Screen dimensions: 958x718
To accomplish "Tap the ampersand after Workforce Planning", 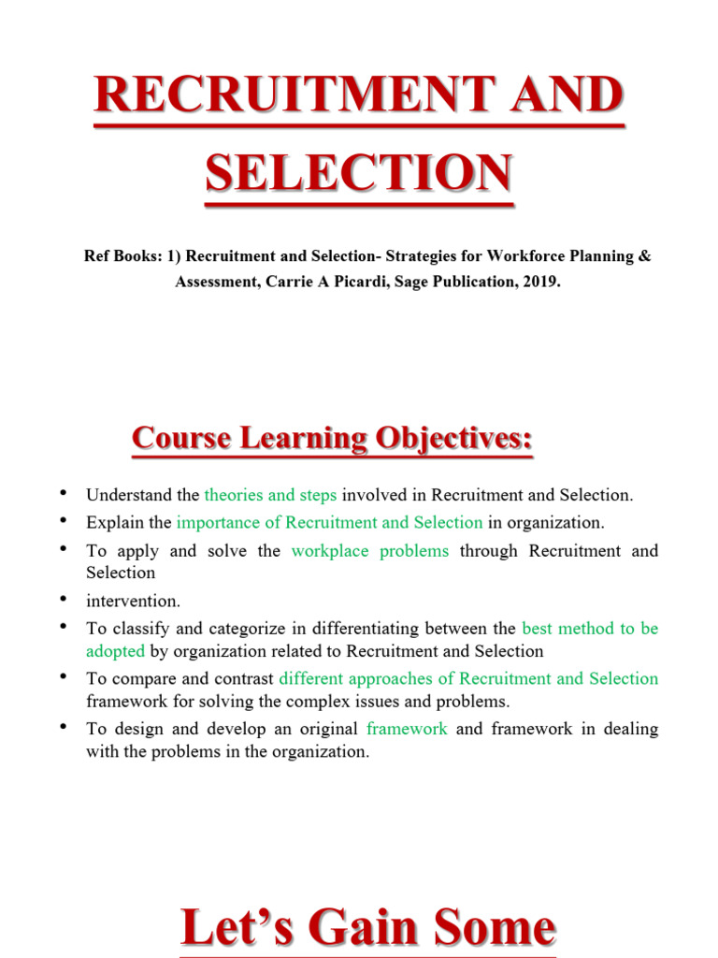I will click(644, 256).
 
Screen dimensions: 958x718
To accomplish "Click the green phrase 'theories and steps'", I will click(270, 495).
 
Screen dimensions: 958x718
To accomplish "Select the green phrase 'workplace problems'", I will click(370, 550).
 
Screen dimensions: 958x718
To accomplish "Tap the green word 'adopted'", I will click(115, 651).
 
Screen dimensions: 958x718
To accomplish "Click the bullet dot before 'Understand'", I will click(63, 492).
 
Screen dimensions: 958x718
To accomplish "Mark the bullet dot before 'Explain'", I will click(63, 519).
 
